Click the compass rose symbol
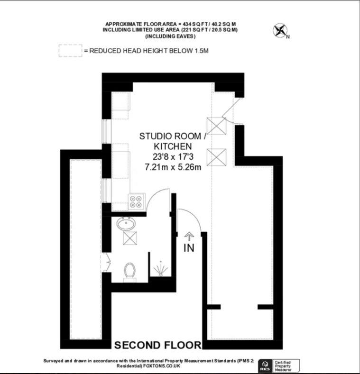(x=280, y=30)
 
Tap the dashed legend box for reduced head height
(x=70, y=51)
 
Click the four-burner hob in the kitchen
(x=137, y=202)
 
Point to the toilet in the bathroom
(x=129, y=273)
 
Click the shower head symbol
(x=161, y=269)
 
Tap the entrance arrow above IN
(x=189, y=236)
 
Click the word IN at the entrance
(x=189, y=248)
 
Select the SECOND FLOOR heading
(x=158, y=345)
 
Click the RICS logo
(x=265, y=365)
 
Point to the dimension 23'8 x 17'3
(x=173, y=157)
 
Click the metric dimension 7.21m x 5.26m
(x=173, y=167)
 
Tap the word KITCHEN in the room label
(x=173, y=146)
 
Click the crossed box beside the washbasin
(x=130, y=238)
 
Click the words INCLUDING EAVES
(x=170, y=36)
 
